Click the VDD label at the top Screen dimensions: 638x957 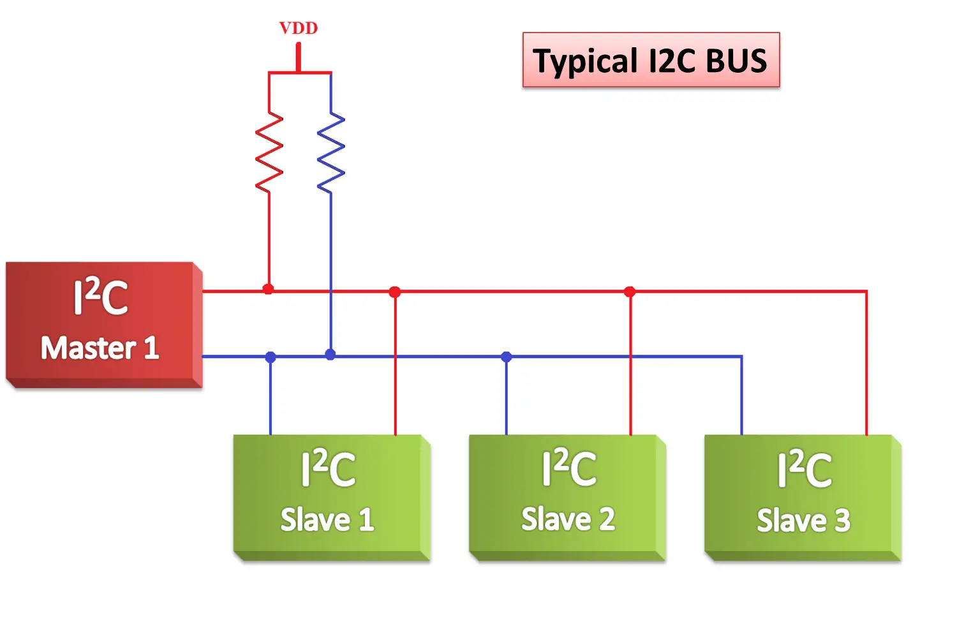click(x=298, y=28)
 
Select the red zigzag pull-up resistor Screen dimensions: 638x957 click(x=269, y=152)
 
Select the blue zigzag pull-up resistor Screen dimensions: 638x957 click(x=330, y=152)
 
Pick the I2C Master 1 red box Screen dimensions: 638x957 click(x=102, y=323)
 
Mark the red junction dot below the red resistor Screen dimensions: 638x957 click(x=268, y=289)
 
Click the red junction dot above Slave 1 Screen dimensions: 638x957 click(x=395, y=292)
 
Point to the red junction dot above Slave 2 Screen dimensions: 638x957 click(x=630, y=292)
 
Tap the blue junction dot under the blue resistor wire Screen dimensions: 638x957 click(x=330, y=354)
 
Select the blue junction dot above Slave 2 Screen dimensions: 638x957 click(x=506, y=357)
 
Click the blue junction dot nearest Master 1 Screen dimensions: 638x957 click(x=271, y=357)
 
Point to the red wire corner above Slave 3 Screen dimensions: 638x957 click(x=866, y=292)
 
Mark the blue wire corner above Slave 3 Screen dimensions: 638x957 click(x=741, y=357)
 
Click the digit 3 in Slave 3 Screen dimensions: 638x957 click(x=842, y=521)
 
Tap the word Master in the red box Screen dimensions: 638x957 click(x=89, y=348)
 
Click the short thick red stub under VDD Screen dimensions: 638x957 click(x=298, y=57)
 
